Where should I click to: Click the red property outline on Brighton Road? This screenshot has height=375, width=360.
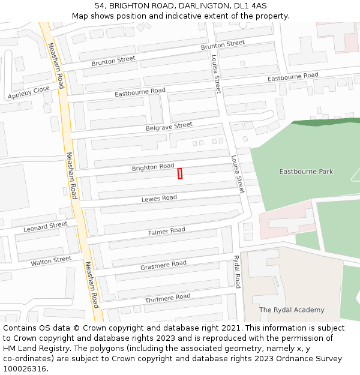[x=180, y=173]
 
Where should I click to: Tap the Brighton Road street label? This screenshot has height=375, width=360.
[x=153, y=167]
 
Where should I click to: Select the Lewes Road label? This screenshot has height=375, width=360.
[x=159, y=198]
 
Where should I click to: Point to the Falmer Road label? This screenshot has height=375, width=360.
[x=167, y=231]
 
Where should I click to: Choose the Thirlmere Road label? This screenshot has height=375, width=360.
[x=167, y=298]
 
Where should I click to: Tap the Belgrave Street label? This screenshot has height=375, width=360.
[x=169, y=126]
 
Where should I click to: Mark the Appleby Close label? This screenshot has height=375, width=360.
[x=28, y=92]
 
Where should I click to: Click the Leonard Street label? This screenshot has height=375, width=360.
[x=46, y=227]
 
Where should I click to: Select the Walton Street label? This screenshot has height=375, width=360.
[x=51, y=261]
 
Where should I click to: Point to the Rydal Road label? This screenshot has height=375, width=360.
[x=237, y=271]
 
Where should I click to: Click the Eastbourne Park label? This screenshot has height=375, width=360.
[x=306, y=172]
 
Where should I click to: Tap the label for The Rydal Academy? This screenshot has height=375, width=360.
[x=292, y=310]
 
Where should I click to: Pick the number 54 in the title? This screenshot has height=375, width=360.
[x=100, y=5]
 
